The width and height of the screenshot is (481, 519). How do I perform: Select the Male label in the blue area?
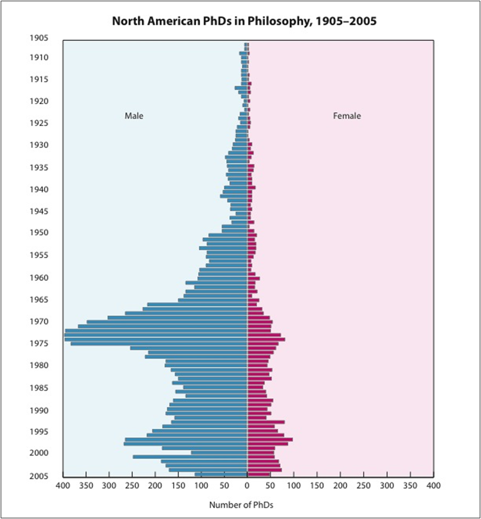pos(134,116)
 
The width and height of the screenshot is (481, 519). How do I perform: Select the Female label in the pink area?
pos(347,116)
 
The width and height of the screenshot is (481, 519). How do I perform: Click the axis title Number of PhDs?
pos(241,505)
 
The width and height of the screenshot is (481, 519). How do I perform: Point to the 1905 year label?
pos(38,38)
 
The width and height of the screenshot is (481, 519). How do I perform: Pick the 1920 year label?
pos(38,101)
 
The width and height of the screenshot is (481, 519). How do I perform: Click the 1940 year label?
pos(38,190)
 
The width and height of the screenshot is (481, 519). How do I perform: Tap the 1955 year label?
pos(38,255)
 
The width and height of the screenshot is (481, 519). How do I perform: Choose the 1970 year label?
pos(38,322)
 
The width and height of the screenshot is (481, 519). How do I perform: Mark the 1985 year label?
pos(38,388)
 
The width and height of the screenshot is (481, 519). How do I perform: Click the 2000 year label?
pos(38,453)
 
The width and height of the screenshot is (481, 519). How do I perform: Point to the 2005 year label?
pos(38,476)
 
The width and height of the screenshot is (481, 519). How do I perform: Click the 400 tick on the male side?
pos(63,486)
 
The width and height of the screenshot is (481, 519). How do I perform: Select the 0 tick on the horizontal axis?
pos(247,486)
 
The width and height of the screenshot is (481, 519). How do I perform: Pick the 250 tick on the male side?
pos(132,486)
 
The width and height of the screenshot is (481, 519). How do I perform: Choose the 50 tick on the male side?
pos(225,486)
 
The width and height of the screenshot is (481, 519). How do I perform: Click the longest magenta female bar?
pos(270,439)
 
